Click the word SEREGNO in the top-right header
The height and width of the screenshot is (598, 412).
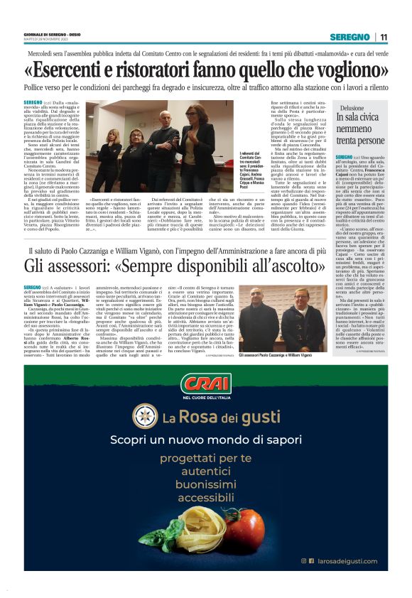click(349, 37)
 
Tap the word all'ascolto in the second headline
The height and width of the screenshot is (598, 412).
click(284, 266)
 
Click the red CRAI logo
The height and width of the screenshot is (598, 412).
click(206, 386)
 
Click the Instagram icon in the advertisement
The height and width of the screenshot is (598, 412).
click(304, 560)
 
